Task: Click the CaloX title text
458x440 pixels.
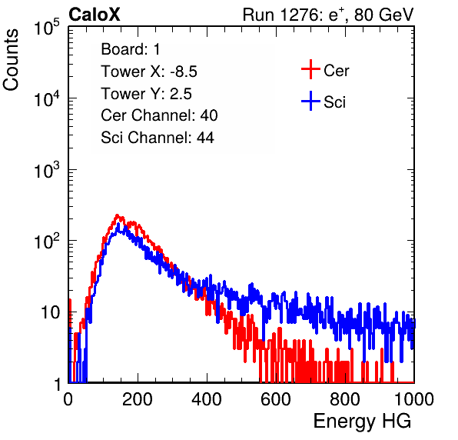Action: pyautogui.click(x=95, y=15)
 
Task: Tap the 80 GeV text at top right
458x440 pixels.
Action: pyautogui.click(x=383, y=15)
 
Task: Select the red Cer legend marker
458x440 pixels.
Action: pyautogui.click(x=310, y=69)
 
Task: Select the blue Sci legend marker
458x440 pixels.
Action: pyautogui.click(x=310, y=101)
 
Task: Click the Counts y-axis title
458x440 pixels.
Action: pyautogui.click(x=11, y=60)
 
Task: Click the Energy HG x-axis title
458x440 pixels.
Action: pyautogui.click(x=362, y=421)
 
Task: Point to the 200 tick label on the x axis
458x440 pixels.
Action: pyautogui.click(x=138, y=399)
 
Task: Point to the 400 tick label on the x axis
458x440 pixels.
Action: pyautogui.click(x=207, y=399)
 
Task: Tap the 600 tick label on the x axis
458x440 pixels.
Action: pyautogui.click(x=276, y=399)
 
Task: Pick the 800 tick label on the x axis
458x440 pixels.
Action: pyautogui.click(x=345, y=399)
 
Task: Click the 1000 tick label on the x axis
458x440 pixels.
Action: pyautogui.click(x=414, y=399)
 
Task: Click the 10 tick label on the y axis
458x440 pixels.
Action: pyautogui.click(x=51, y=312)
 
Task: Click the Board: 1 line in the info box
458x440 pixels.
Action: pyautogui.click(x=131, y=49)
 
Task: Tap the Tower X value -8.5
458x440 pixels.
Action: pyautogui.click(x=184, y=72)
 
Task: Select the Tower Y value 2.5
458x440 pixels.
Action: pyautogui.click(x=181, y=94)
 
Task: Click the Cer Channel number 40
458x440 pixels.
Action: pyautogui.click(x=209, y=115)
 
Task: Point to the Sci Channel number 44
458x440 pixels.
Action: pyautogui.click(x=205, y=138)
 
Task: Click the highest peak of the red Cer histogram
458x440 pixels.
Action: pyautogui.click(x=117, y=215)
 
